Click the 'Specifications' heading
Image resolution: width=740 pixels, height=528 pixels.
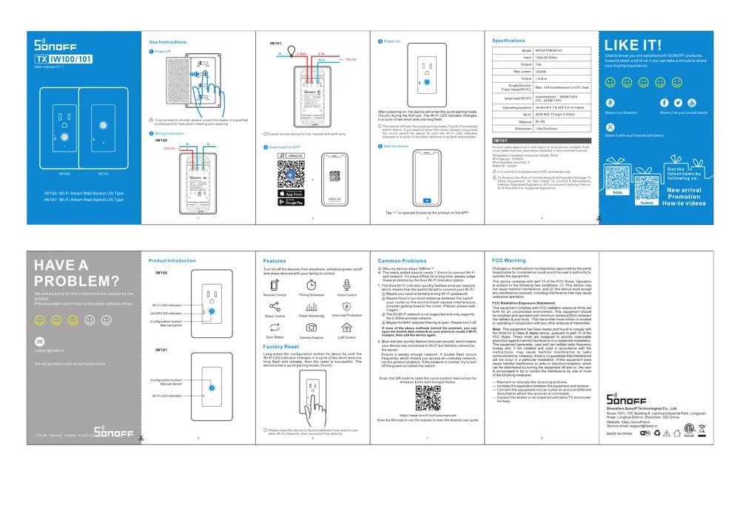[x=508, y=40]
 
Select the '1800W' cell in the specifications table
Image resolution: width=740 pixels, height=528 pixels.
[x=543, y=71]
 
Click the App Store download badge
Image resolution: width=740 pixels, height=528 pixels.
[x=291, y=193]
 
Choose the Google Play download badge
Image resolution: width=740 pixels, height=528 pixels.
[x=291, y=202]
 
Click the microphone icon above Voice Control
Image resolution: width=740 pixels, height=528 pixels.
[x=346, y=285]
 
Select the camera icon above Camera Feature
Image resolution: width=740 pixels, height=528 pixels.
[x=311, y=327]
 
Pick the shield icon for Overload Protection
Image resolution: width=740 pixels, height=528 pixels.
[x=346, y=305]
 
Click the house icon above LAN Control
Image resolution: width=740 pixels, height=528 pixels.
[x=346, y=327]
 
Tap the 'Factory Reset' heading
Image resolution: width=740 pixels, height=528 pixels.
[x=281, y=347]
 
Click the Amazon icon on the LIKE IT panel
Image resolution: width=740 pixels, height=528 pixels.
[x=610, y=103]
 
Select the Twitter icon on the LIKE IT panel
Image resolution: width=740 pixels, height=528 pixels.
[x=679, y=103]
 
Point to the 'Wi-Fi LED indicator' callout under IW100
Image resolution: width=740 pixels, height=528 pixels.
[x=166, y=305]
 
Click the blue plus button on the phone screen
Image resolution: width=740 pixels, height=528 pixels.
[x=426, y=200]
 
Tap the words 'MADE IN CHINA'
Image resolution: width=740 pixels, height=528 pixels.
[x=620, y=433]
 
